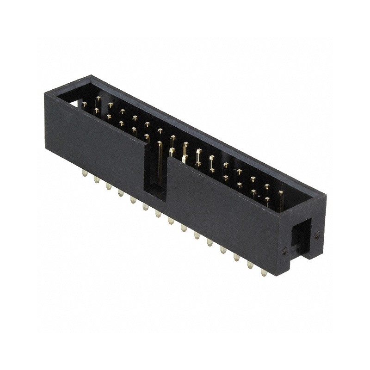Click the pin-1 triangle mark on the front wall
click(68, 118)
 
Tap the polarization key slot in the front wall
click(156, 171)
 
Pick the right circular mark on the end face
click(317, 235)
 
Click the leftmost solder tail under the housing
click(84, 173)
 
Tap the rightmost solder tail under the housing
click(264, 273)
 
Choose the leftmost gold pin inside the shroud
click(84, 105)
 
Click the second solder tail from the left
click(96, 179)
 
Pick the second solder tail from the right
click(250, 265)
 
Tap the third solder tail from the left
click(108, 185)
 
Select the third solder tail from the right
click(237, 257)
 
